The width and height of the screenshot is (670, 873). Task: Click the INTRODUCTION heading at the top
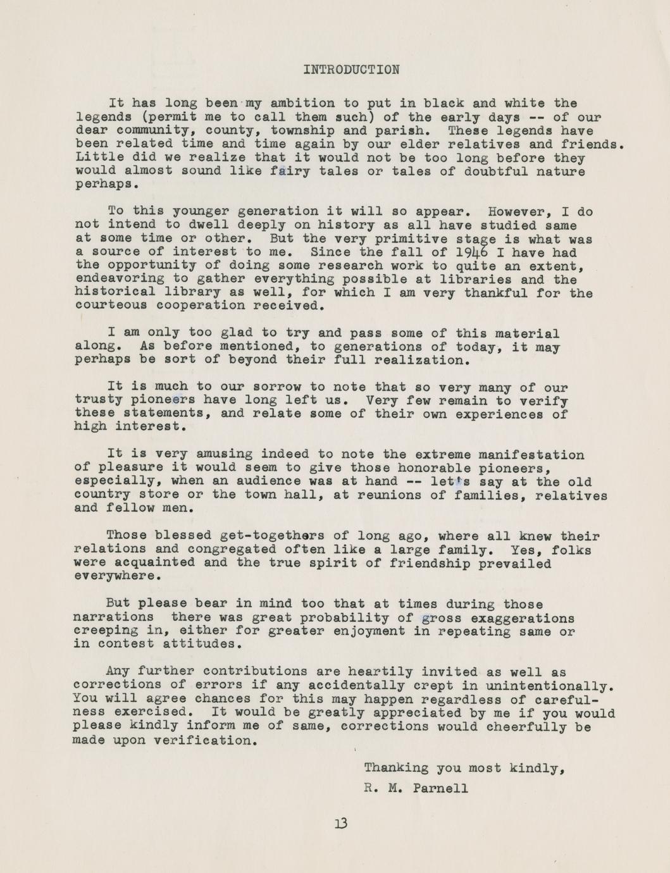tap(351, 70)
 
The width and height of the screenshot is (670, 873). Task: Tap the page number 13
tap(342, 824)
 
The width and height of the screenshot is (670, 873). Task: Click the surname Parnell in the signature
tap(440, 788)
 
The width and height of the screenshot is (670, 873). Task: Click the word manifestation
tap(531, 454)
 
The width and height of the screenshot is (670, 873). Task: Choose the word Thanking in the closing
tap(396, 768)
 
